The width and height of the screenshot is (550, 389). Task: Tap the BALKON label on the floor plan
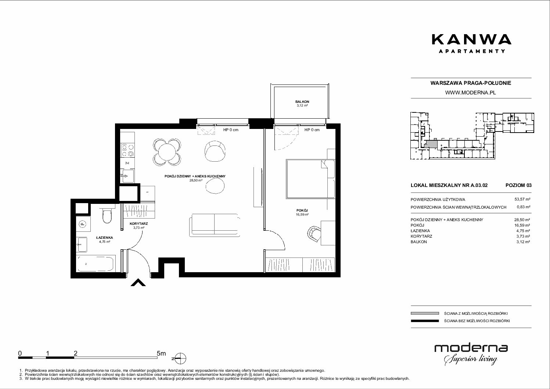[302, 102]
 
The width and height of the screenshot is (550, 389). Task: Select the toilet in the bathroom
[107, 215]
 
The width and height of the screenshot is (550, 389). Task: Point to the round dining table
[167, 152]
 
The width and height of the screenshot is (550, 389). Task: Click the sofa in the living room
[214, 225]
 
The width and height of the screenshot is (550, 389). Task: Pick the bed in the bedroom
[310, 179]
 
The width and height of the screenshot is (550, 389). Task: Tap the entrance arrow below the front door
[138, 282]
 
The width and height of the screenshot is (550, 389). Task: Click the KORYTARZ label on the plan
[139, 224]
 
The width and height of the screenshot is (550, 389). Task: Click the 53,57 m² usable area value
[522, 199]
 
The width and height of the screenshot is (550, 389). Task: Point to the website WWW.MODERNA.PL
[470, 93]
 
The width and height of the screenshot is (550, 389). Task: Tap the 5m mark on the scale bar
[161, 353]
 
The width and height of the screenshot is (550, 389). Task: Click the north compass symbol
[181, 359]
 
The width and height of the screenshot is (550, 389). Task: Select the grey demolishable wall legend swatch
[425, 313]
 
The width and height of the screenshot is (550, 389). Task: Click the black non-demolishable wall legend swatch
[425, 321]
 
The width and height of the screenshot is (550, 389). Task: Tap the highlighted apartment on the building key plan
[431, 144]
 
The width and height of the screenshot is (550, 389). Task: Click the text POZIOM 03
[518, 185]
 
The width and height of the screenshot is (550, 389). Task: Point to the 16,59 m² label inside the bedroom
[302, 215]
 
